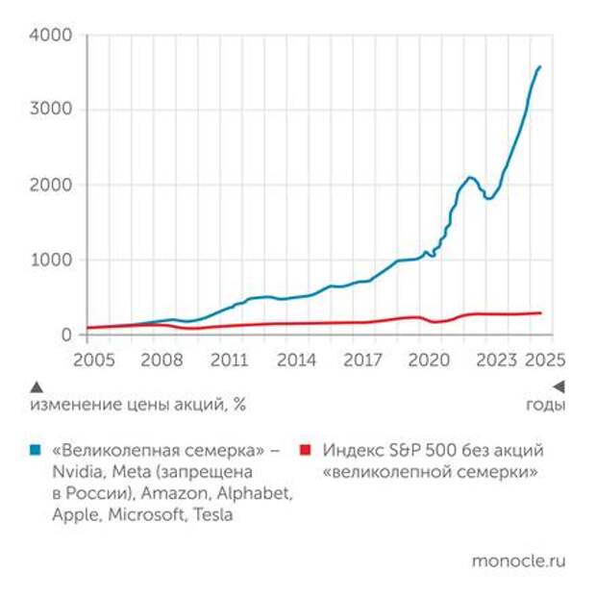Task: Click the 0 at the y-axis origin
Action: point(68,335)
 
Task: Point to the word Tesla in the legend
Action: point(211,514)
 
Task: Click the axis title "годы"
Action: point(545,405)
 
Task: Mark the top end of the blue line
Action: point(540,66)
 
